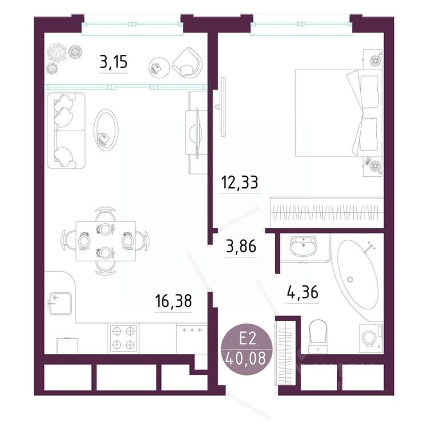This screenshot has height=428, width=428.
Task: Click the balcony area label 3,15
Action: click(114, 62)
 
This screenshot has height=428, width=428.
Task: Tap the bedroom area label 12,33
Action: click(240, 183)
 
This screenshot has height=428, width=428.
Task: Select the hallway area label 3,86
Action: click(241, 246)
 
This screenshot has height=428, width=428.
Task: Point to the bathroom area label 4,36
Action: click(302, 292)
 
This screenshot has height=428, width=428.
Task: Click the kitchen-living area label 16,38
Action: click(173, 301)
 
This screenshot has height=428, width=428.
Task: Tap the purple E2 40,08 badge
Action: click(247, 350)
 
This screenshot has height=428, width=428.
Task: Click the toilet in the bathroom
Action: click(318, 336)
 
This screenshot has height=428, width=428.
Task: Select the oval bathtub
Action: click(358, 274)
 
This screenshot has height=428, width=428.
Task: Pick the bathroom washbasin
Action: click(303, 246)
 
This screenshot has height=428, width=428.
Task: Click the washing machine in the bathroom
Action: click(372, 338)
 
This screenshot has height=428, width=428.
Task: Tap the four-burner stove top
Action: click(123, 338)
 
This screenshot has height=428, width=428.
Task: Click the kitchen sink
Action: click(60, 304)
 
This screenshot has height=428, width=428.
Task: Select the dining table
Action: click(106, 241)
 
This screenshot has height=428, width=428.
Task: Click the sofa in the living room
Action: click(66, 131)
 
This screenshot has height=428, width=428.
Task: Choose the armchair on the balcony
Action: click(188, 63)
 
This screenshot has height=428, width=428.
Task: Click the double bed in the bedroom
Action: click(339, 113)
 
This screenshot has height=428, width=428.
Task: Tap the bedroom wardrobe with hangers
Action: click(326, 212)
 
